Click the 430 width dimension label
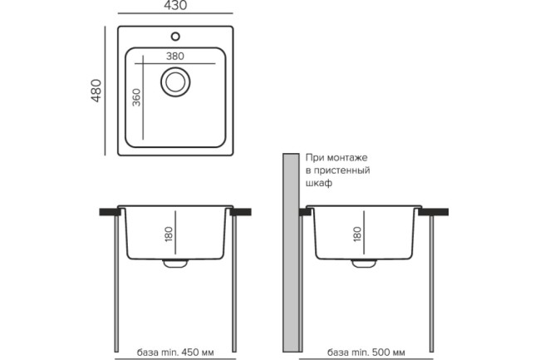click(x=174, y=7)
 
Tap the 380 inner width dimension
click(x=174, y=55)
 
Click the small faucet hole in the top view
click(x=174, y=36)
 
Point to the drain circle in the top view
click(x=174, y=82)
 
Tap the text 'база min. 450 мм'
click(x=174, y=350)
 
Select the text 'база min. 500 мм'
click(x=366, y=350)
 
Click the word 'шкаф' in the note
click(x=319, y=183)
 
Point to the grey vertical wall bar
click(x=290, y=249)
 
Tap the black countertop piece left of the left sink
click(x=108, y=213)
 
